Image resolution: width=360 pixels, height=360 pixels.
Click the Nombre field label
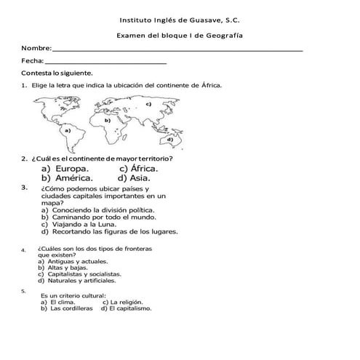pos(36,48)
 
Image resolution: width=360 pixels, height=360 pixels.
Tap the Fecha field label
pos(33,61)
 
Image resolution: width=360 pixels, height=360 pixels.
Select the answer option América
pos(71,177)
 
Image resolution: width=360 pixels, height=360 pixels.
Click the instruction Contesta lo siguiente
pos(57,73)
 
